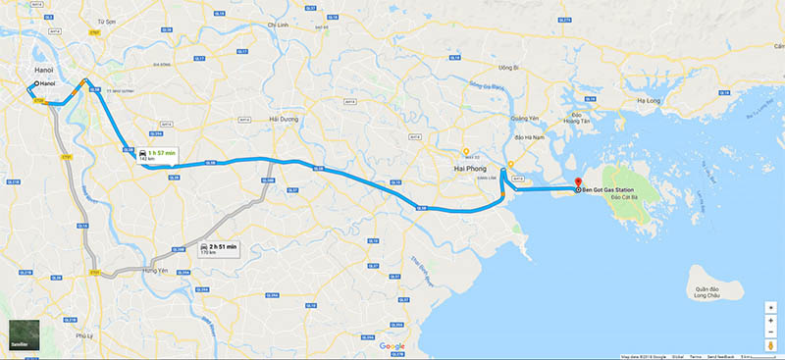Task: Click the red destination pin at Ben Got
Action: click(x=577, y=183)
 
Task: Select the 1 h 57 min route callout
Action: click(x=157, y=156)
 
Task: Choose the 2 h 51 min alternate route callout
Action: click(x=218, y=248)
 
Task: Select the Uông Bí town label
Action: click(x=507, y=68)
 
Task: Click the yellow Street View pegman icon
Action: click(x=770, y=345)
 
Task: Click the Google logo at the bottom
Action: click(x=392, y=346)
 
